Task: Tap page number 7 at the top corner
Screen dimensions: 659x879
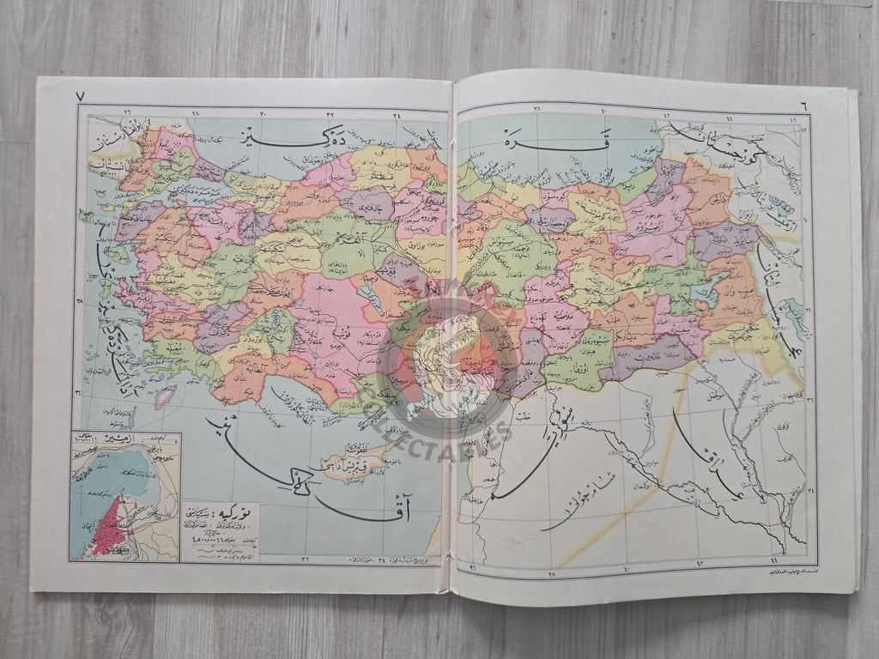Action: click(x=80, y=96)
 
